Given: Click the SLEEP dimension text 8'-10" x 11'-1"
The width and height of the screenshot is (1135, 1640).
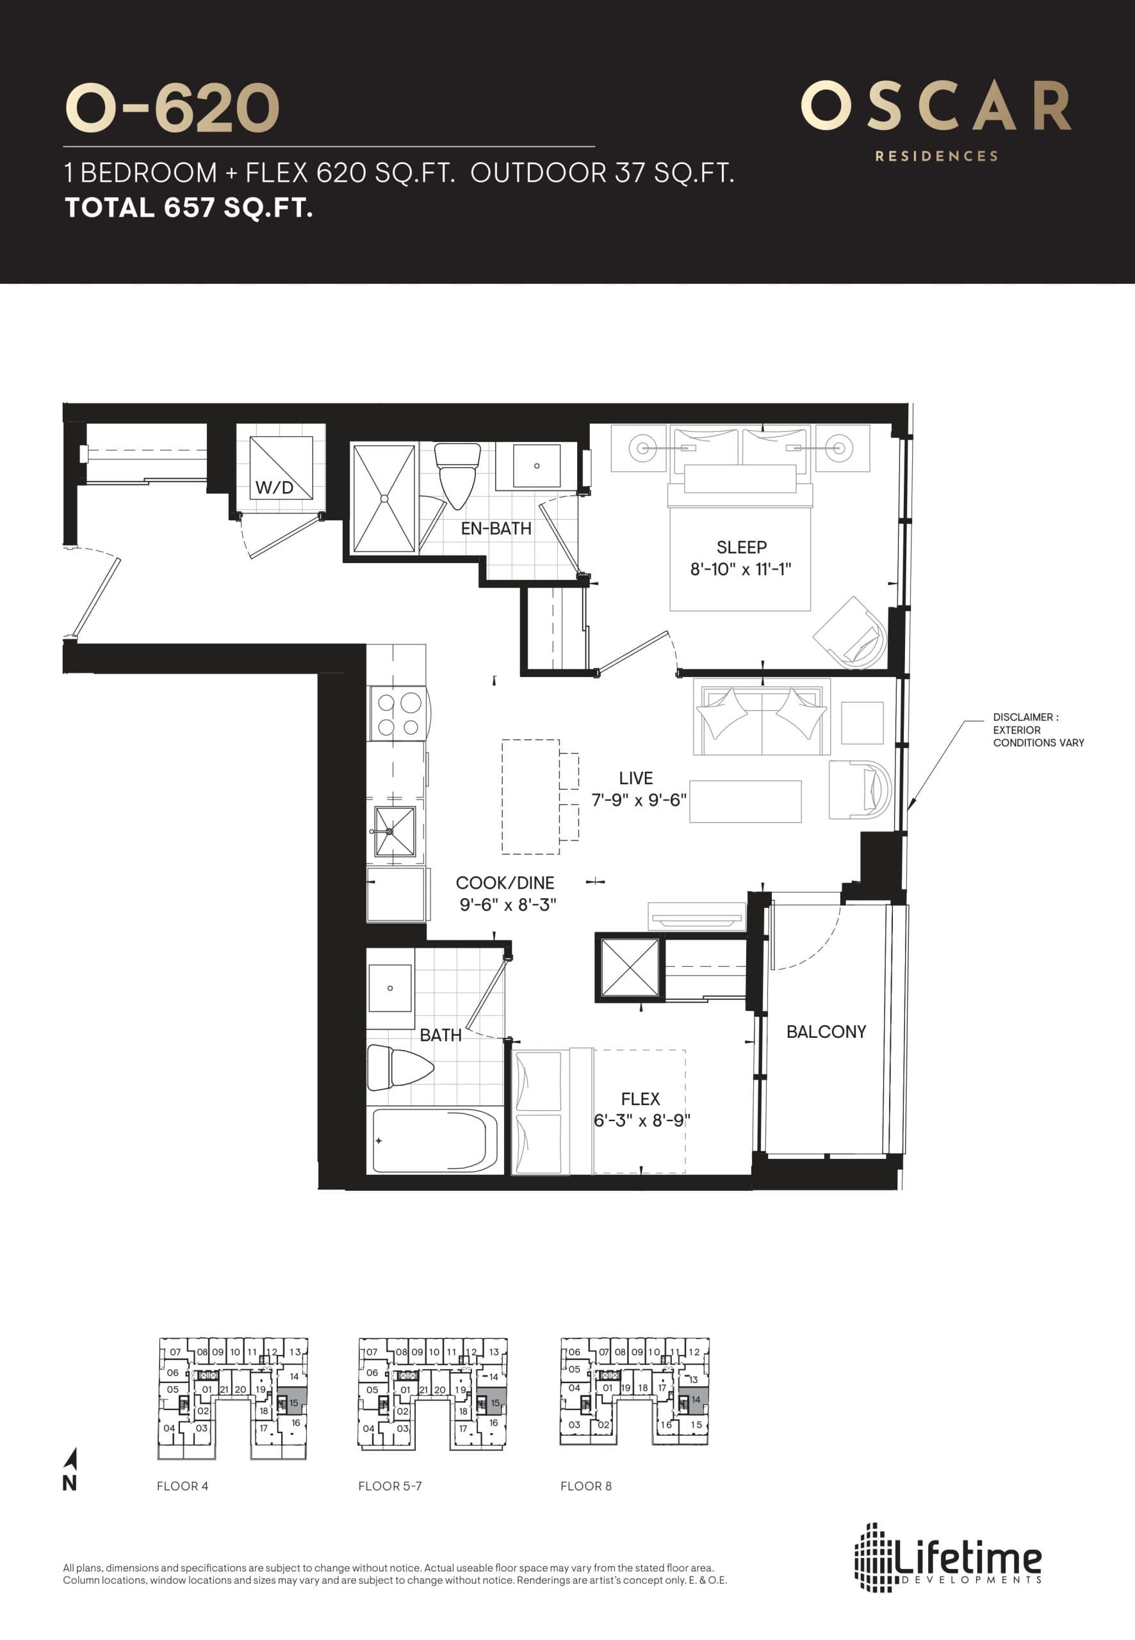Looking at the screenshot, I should point(740,569).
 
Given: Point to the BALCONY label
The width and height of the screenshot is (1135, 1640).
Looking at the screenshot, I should point(826,1031).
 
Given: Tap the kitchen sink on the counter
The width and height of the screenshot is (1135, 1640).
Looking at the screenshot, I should point(395,831).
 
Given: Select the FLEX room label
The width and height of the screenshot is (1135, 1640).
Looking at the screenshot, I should point(640,1099).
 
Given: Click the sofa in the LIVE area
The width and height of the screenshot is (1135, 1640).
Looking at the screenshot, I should point(762,719).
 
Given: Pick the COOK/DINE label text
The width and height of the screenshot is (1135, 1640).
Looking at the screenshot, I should point(504,883).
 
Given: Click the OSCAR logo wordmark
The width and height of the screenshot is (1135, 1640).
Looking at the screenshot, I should point(936,107).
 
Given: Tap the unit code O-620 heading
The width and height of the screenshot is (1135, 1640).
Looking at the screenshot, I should point(172,108).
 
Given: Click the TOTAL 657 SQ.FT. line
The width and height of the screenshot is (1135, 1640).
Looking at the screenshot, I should point(188,208).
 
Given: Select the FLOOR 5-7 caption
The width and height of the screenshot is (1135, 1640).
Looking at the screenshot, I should point(389,1486).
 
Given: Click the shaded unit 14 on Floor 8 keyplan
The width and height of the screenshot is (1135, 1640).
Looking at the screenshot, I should point(695,1400).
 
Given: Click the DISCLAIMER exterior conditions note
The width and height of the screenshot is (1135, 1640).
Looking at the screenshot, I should point(1038,730).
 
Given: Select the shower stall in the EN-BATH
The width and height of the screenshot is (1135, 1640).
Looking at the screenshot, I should point(384,498).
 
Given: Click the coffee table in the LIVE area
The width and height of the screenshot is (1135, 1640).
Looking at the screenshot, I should point(746,801).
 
